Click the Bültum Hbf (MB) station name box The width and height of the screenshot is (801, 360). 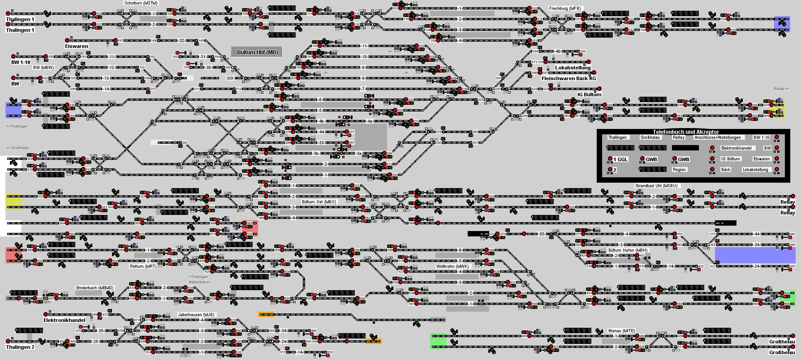coord(257,52)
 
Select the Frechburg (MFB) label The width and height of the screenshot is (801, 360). coord(564,9)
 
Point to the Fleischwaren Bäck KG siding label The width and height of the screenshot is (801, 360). coord(568,78)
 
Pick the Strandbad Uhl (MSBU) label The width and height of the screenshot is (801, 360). coord(656,185)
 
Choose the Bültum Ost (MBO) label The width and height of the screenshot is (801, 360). coord(319,202)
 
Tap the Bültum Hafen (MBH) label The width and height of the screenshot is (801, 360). coord(628,250)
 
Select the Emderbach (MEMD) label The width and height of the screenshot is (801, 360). coord(95,288)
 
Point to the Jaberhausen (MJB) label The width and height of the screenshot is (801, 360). coord(196,314)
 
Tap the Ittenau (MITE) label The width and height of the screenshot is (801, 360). coord(621,330)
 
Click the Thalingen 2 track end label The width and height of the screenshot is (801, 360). coord(20,347)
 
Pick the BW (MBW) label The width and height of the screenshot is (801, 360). coord(43,68)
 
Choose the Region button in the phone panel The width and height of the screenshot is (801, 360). coord(679,170)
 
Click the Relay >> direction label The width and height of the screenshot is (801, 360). coord(781,89)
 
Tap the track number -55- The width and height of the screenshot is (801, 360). coord(541,234)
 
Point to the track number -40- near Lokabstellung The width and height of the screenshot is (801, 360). coord(557,51)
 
